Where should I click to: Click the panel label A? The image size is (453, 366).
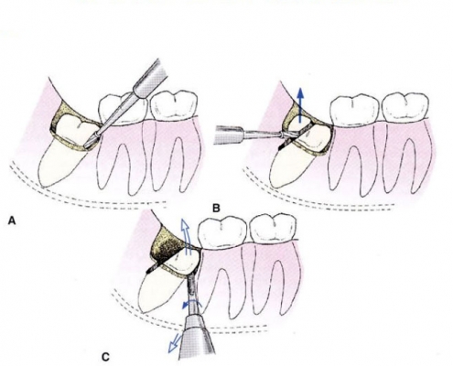click(x=12, y=221)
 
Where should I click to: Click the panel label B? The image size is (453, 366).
click(x=216, y=209)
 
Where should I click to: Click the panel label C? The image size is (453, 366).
click(x=105, y=357)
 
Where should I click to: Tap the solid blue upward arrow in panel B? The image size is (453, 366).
click(x=300, y=104)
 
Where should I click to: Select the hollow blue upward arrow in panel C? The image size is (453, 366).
click(x=186, y=237)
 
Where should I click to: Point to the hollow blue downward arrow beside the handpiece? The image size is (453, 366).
click(x=175, y=343)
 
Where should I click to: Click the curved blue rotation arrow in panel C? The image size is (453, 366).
click(x=191, y=304)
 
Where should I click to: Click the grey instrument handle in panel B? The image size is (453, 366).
click(x=229, y=135)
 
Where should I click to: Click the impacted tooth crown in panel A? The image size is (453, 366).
click(x=75, y=132)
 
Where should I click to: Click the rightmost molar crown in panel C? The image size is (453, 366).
click(x=273, y=228)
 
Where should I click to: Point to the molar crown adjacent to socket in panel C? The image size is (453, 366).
click(x=222, y=231)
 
